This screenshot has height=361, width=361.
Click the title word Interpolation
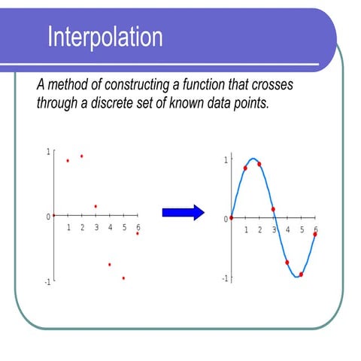(x=105, y=36)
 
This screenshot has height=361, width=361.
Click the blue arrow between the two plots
(x=184, y=212)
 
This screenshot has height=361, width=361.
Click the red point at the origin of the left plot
(x=53, y=216)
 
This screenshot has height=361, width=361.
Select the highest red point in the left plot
(x=81, y=156)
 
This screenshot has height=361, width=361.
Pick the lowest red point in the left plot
(x=123, y=278)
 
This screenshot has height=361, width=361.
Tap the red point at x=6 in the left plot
(x=138, y=233)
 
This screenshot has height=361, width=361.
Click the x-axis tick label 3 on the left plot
(x=96, y=227)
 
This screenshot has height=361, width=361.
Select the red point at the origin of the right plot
(x=231, y=218)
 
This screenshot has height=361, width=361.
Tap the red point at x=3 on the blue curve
(x=273, y=209)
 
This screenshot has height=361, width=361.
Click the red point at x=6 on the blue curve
(x=315, y=234)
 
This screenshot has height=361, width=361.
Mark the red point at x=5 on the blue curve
(x=301, y=274)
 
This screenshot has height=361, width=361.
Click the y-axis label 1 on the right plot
(x=225, y=160)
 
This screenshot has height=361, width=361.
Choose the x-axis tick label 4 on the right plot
(x=287, y=229)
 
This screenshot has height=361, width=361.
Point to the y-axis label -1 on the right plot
(x=223, y=278)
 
